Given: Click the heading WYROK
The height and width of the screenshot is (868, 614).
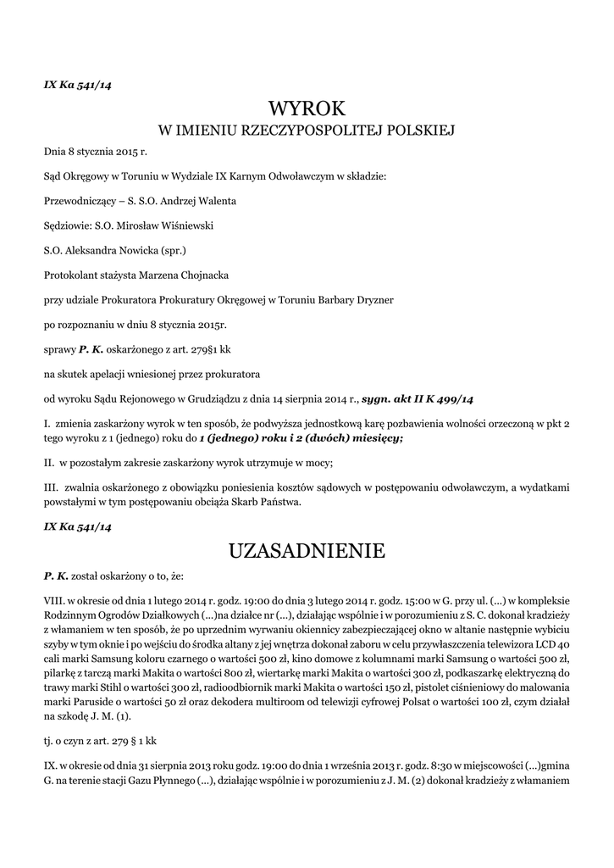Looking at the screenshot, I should pos(307,108).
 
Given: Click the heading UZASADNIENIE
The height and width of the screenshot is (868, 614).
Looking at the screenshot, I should pos(307,551).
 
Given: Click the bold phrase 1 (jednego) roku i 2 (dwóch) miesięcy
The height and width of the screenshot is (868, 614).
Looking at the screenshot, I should pos(301,438).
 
